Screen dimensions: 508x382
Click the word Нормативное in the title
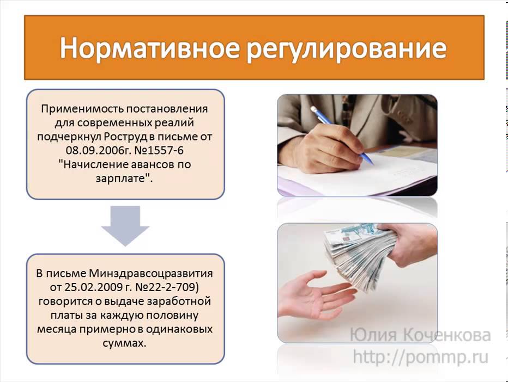click(x=150, y=48)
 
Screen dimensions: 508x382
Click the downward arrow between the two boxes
click(x=125, y=225)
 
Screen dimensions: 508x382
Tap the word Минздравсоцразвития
click(x=151, y=274)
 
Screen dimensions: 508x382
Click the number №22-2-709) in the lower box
click(x=165, y=287)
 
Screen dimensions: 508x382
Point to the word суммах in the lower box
click(x=123, y=343)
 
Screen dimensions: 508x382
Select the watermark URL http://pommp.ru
click(x=420, y=357)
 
